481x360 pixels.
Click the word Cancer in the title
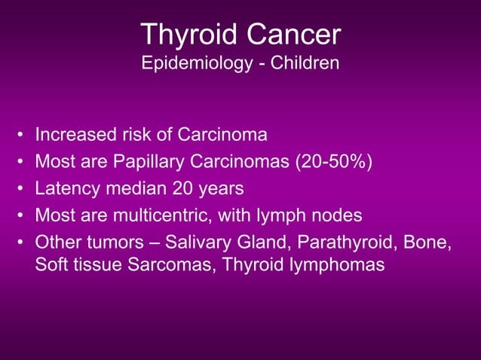pyautogui.click(x=293, y=35)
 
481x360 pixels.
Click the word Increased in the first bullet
pyautogui.click(x=70, y=136)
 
